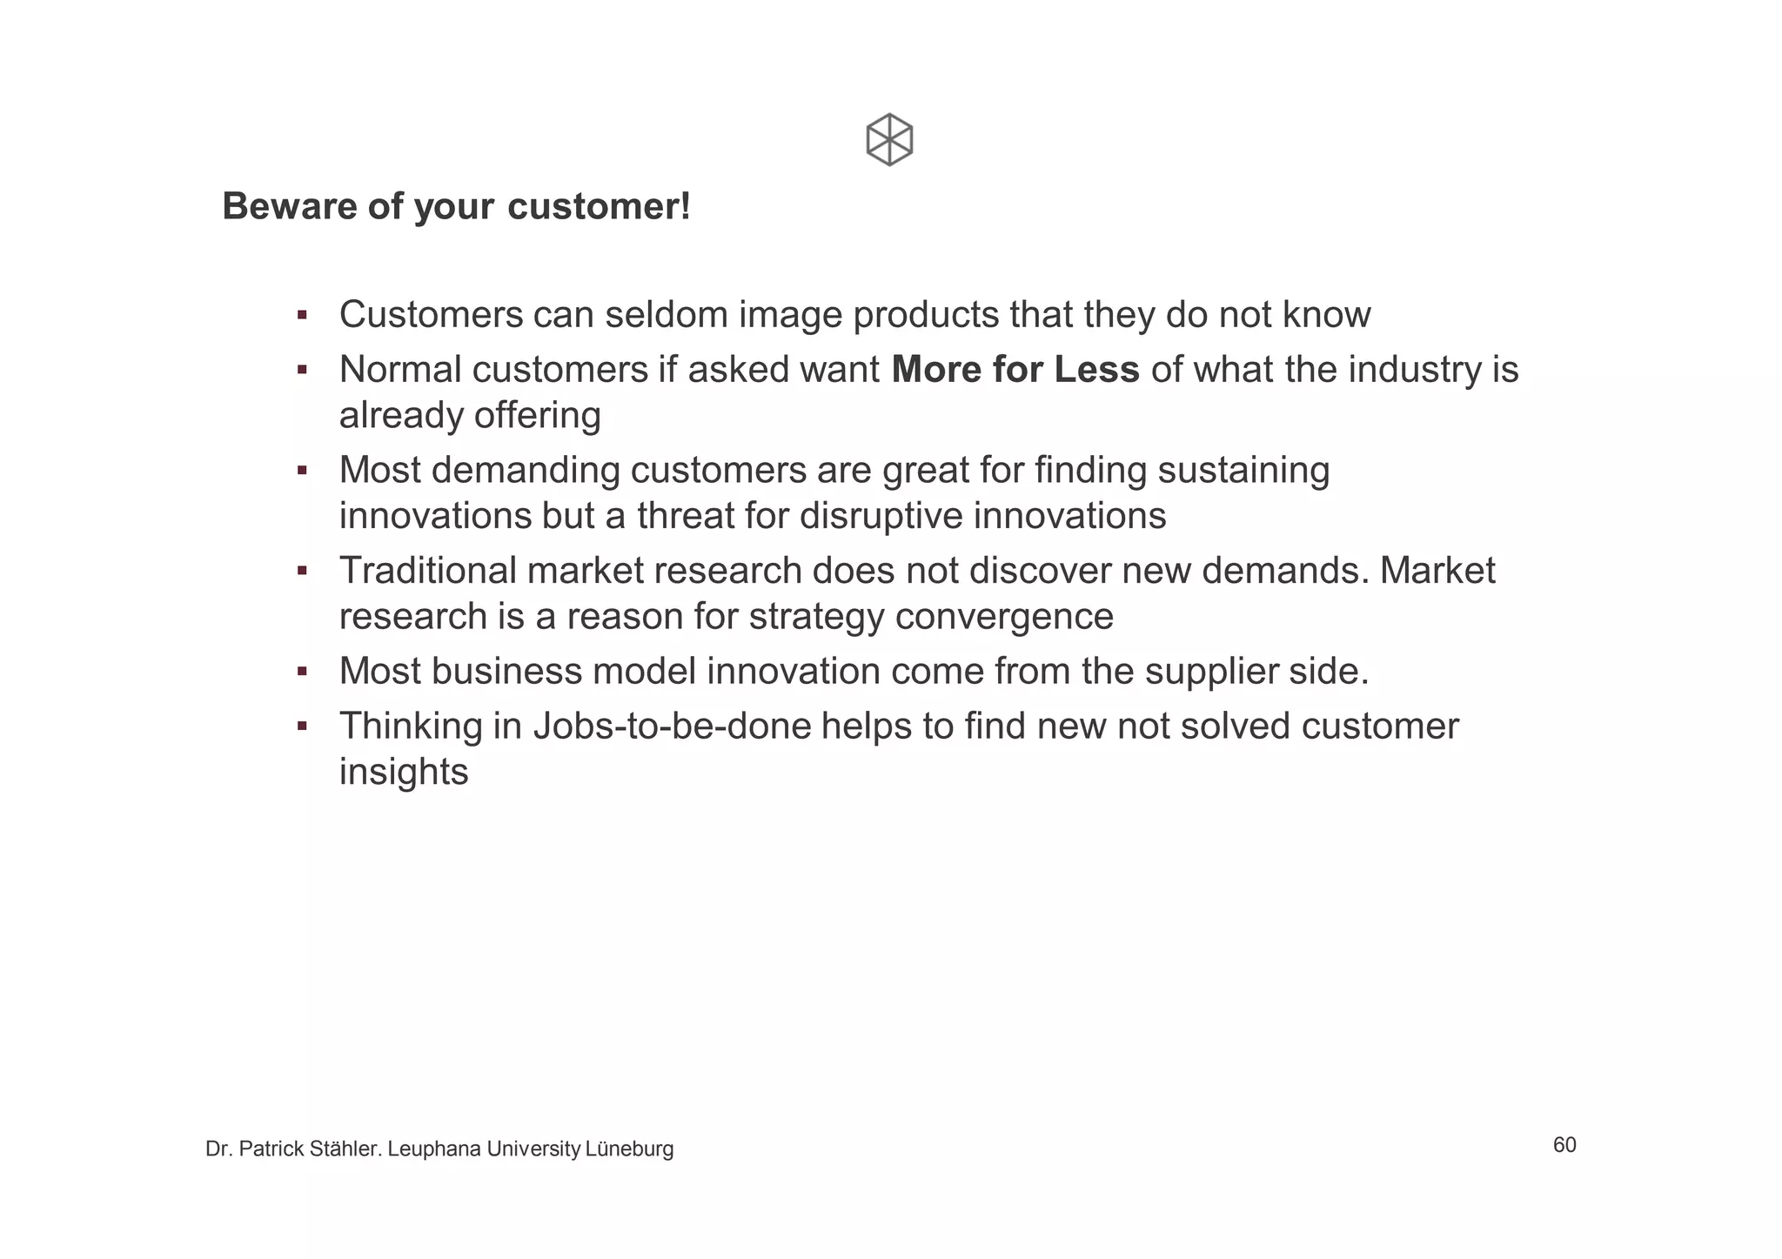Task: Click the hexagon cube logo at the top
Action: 889,139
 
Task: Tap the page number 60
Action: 1564,1145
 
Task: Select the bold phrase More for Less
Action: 1015,370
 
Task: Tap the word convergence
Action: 1004,617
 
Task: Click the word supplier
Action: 1216,672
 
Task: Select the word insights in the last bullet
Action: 404,772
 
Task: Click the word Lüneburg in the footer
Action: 629,1149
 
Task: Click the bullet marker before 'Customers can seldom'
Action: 302,315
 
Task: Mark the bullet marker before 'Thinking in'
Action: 302,727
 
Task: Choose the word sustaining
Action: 1243,471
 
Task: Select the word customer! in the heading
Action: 599,207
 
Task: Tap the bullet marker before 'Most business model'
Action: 302,672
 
